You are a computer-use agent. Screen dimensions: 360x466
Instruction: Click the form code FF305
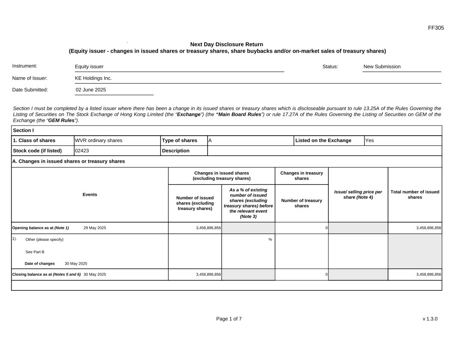[436, 28]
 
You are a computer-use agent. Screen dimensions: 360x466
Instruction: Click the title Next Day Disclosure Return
[227, 45]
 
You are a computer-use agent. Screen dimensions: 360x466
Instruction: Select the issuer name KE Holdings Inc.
[93, 78]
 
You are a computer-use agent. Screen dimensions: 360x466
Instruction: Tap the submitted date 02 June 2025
[91, 90]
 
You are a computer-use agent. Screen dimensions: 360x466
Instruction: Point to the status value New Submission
[382, 67]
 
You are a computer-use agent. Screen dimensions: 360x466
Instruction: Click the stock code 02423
[82, 151]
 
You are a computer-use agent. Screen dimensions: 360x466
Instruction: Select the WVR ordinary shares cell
[99, 140]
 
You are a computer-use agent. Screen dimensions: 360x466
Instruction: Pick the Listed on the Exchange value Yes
[369, 140]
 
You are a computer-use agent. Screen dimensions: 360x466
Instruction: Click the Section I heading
[23, 130]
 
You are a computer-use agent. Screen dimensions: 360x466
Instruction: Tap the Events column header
[90, 195]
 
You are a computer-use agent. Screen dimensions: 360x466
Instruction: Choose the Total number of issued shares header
[415, 195]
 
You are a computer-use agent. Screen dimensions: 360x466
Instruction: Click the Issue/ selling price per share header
[358, 195]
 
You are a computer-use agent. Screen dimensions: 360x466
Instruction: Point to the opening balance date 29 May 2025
[95, 228]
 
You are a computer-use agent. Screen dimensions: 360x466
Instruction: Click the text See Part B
[35, 252]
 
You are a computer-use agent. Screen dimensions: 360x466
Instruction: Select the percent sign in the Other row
[270, 240]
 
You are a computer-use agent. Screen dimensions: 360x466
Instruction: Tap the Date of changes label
[40, 263]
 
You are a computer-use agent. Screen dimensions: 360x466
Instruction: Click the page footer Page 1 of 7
[229, 319]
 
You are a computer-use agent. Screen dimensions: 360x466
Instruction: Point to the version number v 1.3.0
[430, 319]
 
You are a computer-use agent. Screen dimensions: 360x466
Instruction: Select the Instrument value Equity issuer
[89, 67]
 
